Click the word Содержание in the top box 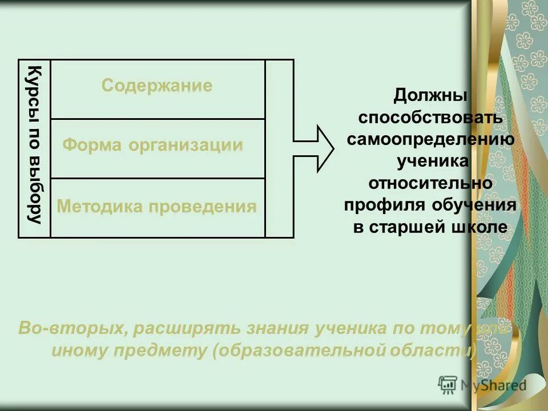[157, 86]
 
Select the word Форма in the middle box [92, 146]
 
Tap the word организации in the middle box [186, 146]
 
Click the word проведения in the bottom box [203, 206]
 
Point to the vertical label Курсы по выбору [35, 146]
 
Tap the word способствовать [431, 117]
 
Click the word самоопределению [431, 139]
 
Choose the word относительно [431, 184]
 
